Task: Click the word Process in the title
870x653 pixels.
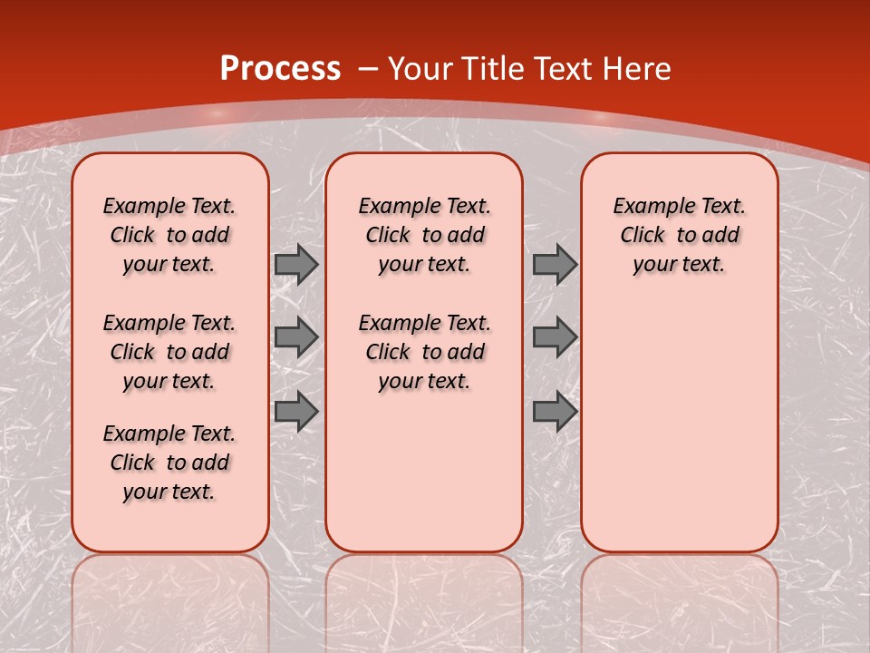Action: tap(280, 69)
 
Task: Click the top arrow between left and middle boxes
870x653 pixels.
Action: tap(296, 264)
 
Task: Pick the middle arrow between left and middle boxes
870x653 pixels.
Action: tap(296, 337)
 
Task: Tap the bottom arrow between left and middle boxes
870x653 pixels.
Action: tap(296, 411)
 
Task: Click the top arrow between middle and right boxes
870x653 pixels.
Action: tap(555, 264)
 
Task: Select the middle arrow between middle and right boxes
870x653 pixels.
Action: tap(555, 337)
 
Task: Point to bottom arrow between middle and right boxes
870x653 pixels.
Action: tap(555, 411)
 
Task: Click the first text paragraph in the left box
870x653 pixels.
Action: tap(169, 235)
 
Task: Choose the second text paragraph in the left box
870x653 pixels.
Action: tap(169, 352)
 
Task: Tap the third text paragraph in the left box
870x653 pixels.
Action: tap(169, 463)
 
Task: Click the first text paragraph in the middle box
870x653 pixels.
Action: tap(424, 235)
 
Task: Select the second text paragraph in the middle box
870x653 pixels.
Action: tap(424, 352)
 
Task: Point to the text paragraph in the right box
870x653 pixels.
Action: tap(679, 235)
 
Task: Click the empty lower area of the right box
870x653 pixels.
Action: tap(679, 426)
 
